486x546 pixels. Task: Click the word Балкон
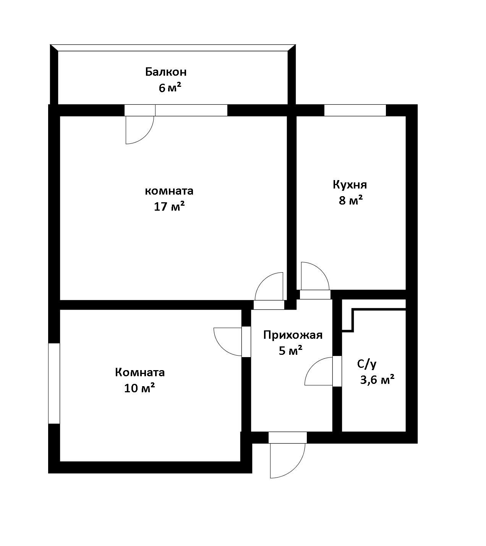click(165, 72)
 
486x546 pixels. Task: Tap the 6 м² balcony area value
click(170, 88)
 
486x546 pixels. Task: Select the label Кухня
click(350, 185)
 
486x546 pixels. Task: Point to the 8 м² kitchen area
click(351, 200)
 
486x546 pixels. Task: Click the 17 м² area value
click(169, 206)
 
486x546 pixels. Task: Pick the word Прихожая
click(293, 335)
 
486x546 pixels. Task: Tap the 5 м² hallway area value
click(290, 351)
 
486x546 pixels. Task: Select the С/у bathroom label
click(367, 364)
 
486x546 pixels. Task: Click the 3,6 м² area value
click(377, 380)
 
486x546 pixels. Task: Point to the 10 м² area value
click(139, 388)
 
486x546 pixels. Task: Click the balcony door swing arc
click(146, 136)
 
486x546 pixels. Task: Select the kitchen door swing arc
click(321, 270)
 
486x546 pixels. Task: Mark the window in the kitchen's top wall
click(355, 110)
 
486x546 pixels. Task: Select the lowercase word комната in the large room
click(169, 191)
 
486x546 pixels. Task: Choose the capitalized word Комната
click(140, 372)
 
